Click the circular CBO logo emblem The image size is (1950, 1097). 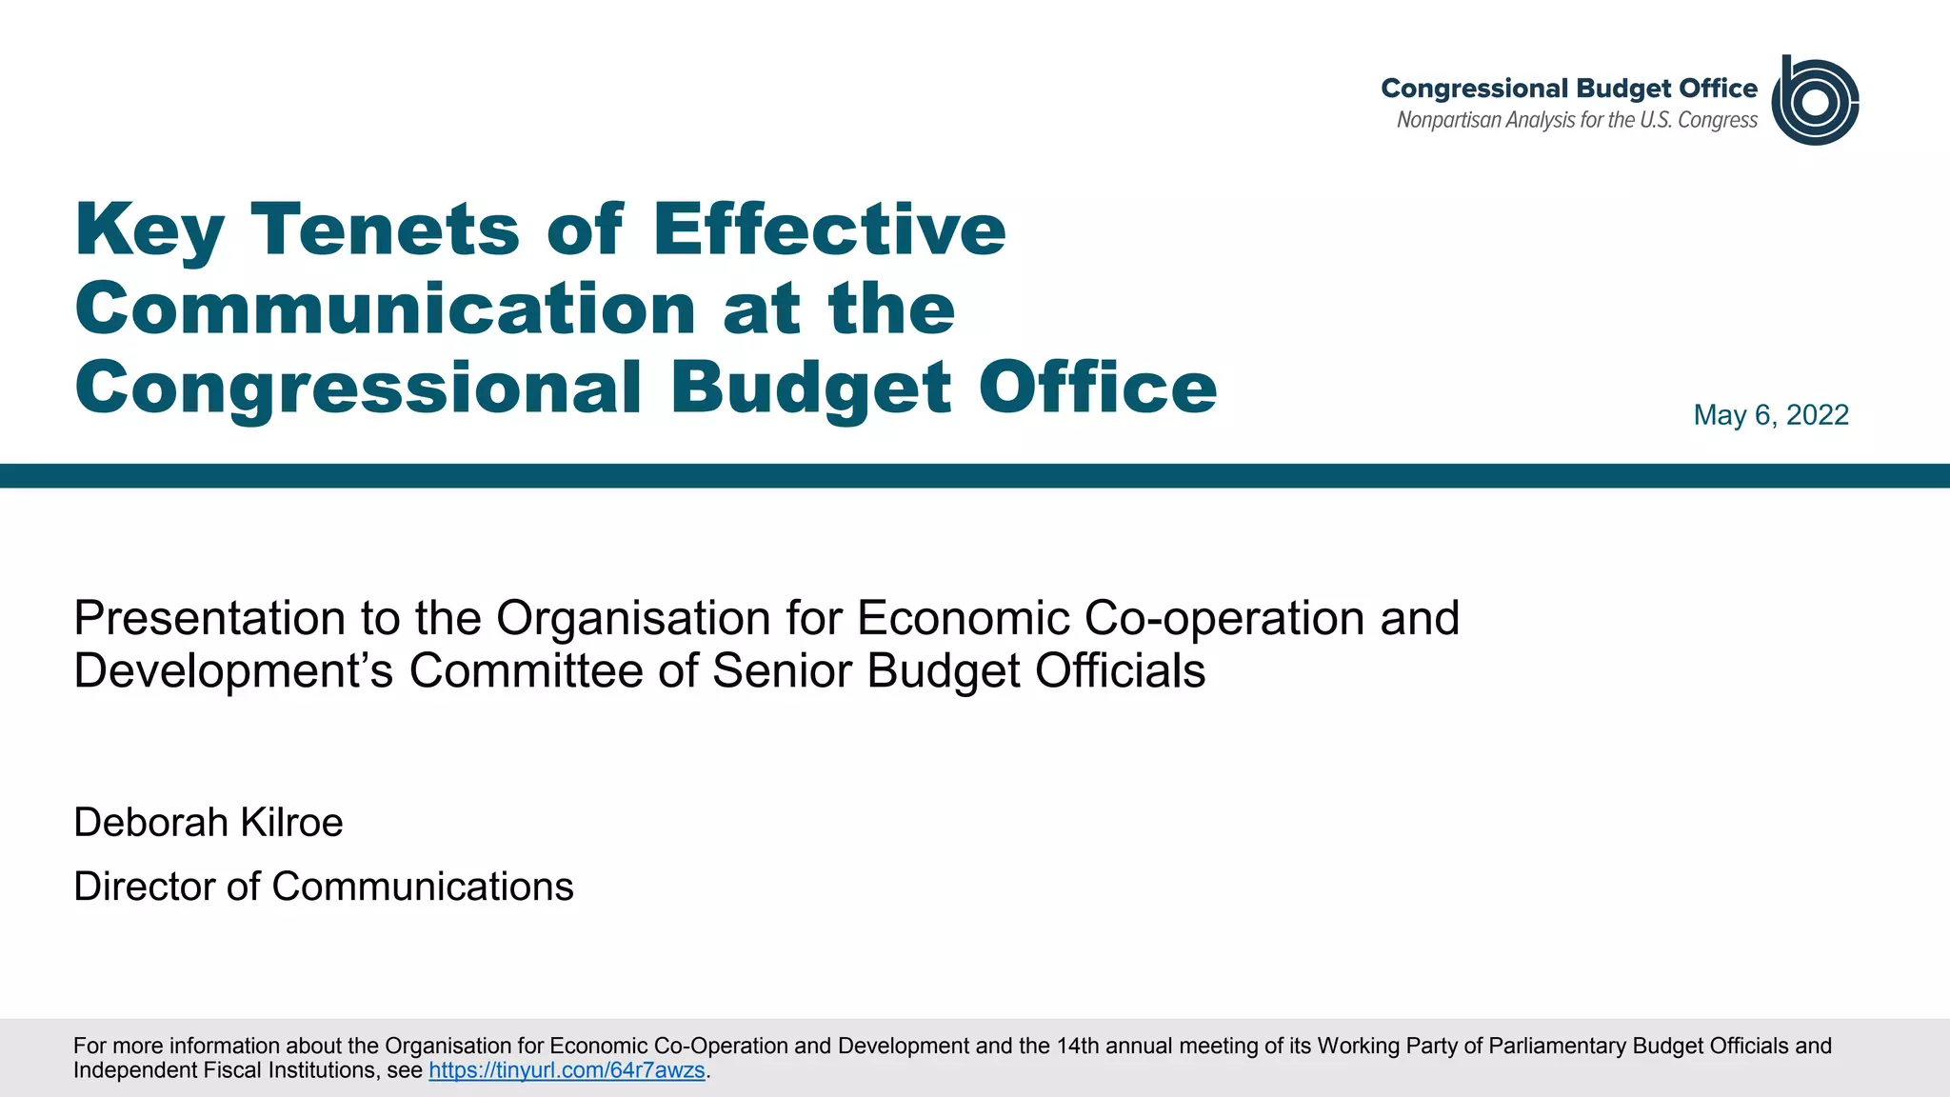click(x=1815, y=101)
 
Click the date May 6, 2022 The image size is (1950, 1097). click(x=1771, y=415)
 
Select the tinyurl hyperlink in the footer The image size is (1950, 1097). click(x=567, y=1070)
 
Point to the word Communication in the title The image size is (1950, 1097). click(x=387, y=309)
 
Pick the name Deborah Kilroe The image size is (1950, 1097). click(x=209, y=823)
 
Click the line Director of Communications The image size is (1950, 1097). click(x=324, y=887)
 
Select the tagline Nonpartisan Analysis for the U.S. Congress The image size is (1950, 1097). click(x=1577, y=120)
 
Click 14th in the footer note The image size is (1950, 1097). click(x=1079, y=1046)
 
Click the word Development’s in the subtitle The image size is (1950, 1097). click(x=233, y=670)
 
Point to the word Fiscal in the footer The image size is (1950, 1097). click(x=228, y=1070)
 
